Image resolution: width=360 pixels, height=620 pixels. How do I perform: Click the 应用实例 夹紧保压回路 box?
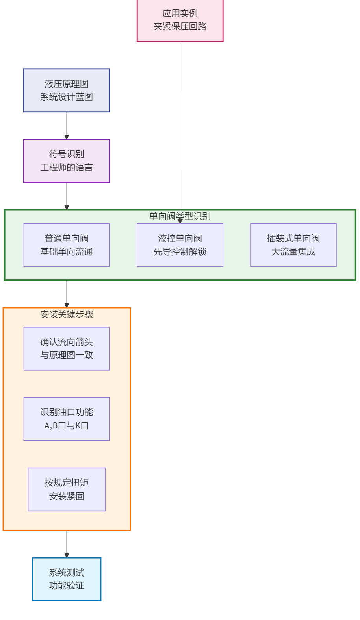click(180, 20)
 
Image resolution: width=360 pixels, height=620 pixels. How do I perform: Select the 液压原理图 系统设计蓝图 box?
click(67, 90)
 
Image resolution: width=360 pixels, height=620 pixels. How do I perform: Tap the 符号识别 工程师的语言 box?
click(67, 161)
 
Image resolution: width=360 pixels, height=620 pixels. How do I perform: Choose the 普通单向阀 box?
click(67, 245)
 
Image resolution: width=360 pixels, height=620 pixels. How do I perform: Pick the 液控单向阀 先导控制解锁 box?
click(180, 245)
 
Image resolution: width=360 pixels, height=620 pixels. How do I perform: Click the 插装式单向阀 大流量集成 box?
click(293, 245)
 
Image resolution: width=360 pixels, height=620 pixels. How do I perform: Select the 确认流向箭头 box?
click(67, 348)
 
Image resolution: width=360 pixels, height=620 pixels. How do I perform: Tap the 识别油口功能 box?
click(67, 419)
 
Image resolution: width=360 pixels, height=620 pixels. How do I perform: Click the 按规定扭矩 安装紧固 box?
click(67, 489)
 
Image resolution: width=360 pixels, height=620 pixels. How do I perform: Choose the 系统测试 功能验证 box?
click(67, 579)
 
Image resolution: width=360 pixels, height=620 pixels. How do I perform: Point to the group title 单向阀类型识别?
click(180, 216)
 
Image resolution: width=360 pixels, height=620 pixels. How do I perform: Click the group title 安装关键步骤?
click(67, 314)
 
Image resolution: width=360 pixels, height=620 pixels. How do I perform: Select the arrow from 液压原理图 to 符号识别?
click(67, 125)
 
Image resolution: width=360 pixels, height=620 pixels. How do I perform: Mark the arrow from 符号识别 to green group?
click(67, 196)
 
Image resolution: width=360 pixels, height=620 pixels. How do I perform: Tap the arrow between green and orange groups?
click(67, 294)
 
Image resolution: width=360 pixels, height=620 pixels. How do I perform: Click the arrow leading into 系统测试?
click(67, 544)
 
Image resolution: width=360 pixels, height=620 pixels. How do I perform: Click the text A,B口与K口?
click(67, 426)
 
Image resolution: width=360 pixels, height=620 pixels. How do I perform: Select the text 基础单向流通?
click(67, 252)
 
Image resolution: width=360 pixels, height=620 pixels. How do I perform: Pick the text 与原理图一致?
click(67, 355)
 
